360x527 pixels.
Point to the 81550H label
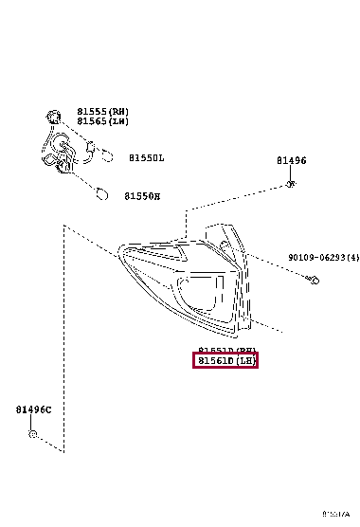pos(142,196)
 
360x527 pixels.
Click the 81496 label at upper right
pos(291,161)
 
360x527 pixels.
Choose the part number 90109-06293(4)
pos(323,257)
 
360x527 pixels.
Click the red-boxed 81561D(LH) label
pos(225,360)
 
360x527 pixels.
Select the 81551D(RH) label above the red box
pos(225,349)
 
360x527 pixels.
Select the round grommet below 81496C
pos(33,434)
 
